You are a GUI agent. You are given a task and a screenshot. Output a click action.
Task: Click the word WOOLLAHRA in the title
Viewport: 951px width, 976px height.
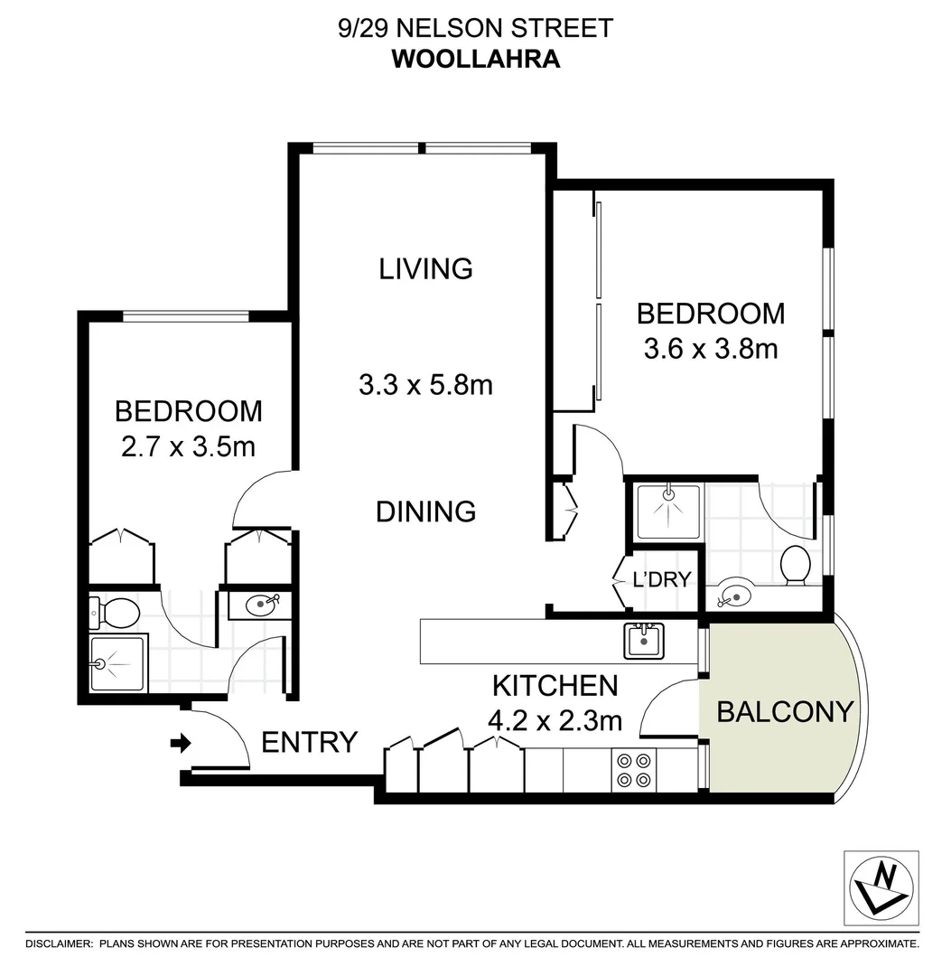click(475, 59)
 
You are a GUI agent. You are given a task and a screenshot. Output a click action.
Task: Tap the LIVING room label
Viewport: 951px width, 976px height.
click(425, 268)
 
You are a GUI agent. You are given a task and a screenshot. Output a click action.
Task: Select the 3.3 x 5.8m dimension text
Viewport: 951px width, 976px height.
click(425, 385)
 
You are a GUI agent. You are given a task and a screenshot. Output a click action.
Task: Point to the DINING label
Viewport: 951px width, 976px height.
click(425, 511)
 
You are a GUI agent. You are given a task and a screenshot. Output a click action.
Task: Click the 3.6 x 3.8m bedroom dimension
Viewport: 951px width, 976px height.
click(711, 348)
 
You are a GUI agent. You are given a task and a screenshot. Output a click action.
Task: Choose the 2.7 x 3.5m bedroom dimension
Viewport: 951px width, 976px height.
click(188, 446)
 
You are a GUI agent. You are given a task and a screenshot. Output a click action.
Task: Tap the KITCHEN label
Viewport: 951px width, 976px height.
click(555, 685)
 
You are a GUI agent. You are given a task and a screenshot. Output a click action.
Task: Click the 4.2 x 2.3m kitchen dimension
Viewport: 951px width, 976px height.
click(555, 720)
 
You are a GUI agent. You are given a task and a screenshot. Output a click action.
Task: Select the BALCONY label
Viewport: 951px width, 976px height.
click(784, 712)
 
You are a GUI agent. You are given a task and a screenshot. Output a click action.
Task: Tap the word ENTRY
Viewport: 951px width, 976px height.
click(309, 743)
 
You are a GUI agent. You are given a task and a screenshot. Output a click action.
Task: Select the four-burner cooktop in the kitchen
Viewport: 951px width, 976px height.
click(633, 769)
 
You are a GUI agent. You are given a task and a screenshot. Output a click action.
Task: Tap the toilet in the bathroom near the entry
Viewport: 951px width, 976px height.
click(117, 614)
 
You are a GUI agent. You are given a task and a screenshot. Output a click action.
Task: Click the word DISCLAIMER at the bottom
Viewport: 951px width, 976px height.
click(59, 943)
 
